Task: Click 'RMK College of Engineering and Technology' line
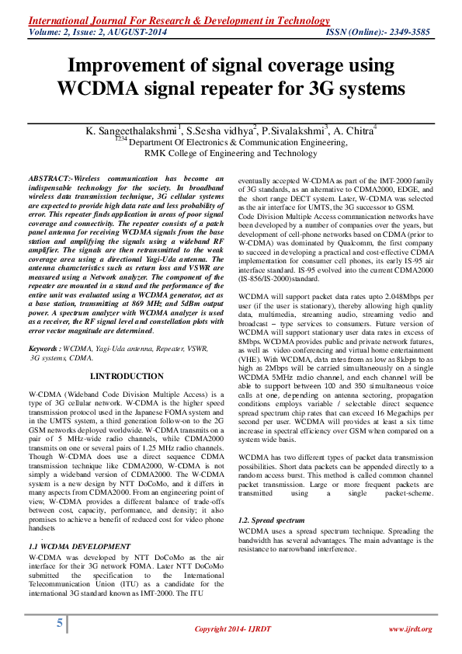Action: [231, 153]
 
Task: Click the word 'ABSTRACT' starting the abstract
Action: [50, 179]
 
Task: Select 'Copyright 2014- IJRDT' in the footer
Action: [233, 628]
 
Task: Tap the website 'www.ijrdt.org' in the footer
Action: [409, 628]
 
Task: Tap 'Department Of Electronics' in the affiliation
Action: [178, 143]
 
